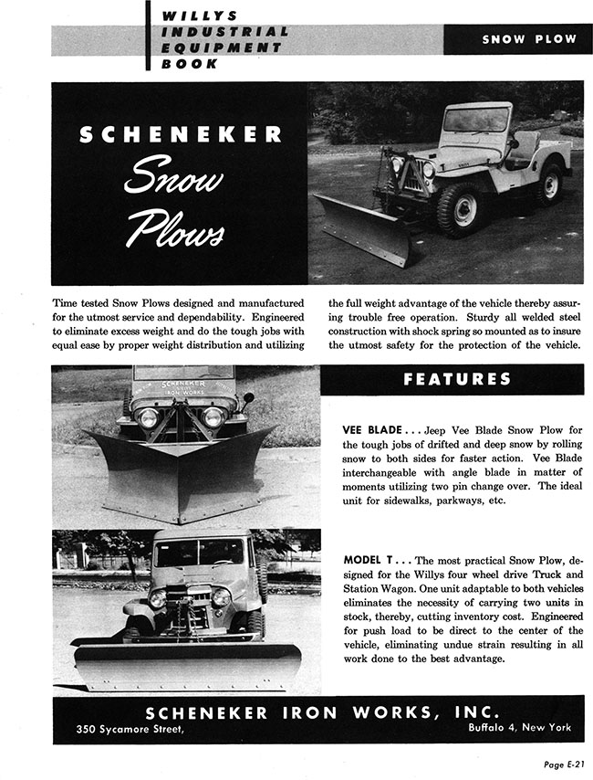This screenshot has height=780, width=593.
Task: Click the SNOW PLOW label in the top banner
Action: (x=529, y=39)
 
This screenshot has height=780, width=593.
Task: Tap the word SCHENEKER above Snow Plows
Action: (x=180, y=135)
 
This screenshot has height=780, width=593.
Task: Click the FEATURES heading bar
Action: (x=456, y=379)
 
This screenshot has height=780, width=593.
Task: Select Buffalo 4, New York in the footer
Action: (x=519, y=728)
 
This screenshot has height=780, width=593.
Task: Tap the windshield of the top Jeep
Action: (x=475, y=119)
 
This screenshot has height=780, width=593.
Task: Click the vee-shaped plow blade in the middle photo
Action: (x=182, y=475)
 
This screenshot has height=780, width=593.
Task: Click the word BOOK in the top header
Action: (x=192, y=64)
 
